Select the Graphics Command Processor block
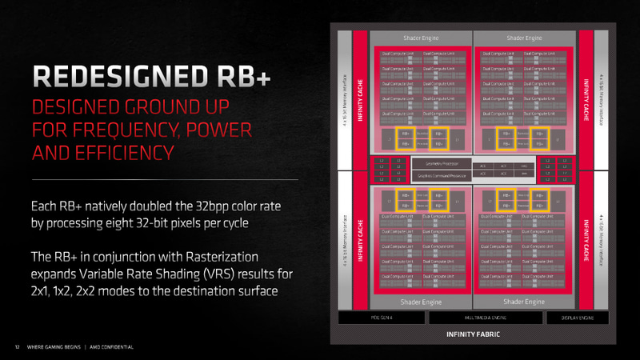point(440,174)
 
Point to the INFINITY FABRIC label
point(472,333)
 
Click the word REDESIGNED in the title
point(114,77)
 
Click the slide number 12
point(16,346)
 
